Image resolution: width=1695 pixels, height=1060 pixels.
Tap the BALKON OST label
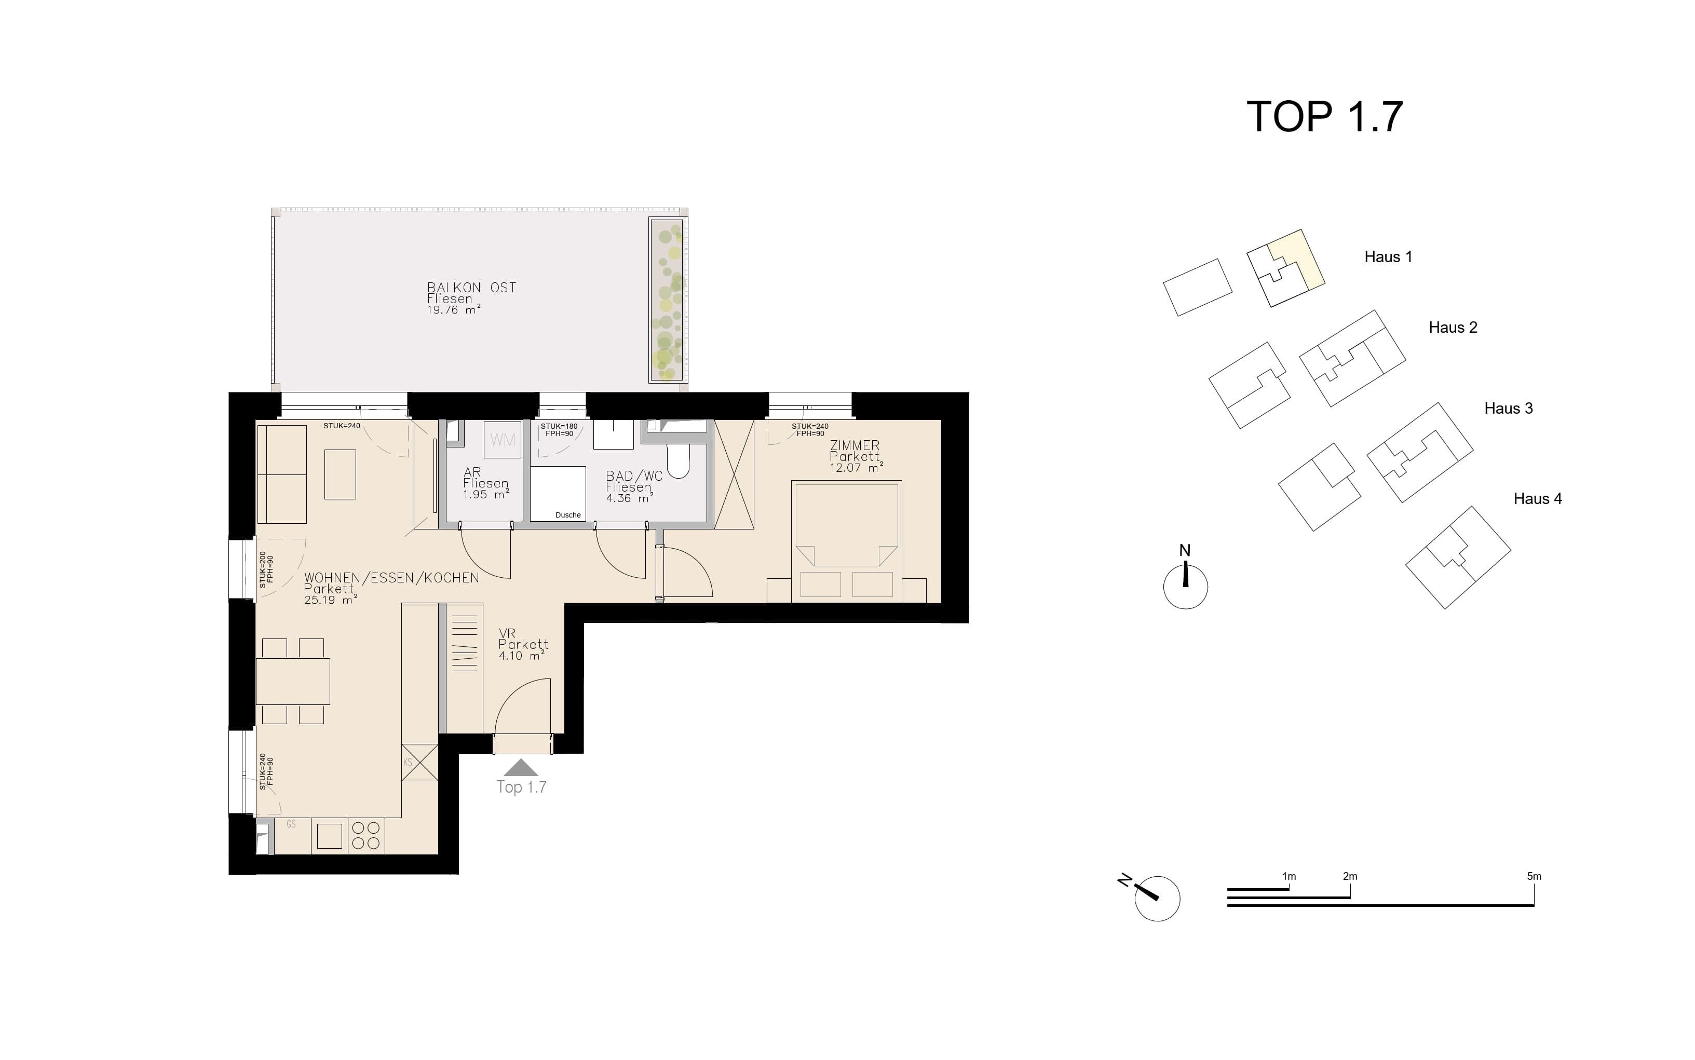coord(472,288)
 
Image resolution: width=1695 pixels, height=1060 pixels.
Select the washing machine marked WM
coord(503,440)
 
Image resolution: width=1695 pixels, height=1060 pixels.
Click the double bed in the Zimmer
coord(846,540)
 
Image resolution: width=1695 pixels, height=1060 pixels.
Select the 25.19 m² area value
coord(331,600)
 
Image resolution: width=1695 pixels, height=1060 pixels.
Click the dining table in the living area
coord(293,681)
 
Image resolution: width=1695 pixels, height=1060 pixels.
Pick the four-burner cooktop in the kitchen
coord(366,835)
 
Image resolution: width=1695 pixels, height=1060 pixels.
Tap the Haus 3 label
coord(1509,409)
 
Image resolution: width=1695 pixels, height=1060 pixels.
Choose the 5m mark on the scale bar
coord(1534,876)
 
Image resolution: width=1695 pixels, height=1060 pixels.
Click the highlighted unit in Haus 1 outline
coord(1297,260)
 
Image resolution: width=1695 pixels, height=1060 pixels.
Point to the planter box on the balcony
coord(666,300)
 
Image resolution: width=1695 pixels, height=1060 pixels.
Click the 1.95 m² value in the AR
coord(485,494)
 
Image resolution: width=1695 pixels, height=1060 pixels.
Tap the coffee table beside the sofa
coord(340,474)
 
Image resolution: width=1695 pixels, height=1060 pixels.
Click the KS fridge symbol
coord(420,762)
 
